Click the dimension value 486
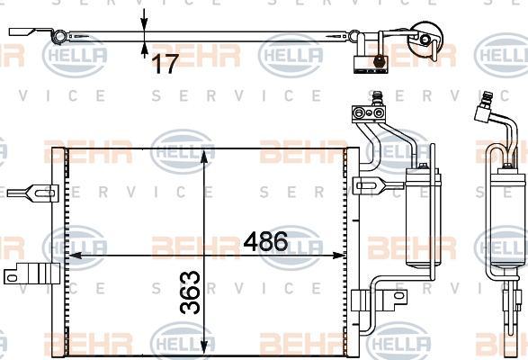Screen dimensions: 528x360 265,241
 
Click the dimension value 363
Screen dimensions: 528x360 190,292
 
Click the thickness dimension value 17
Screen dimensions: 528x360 165,64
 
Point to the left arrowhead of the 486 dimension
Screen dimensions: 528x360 75,256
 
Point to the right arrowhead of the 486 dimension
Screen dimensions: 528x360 339,256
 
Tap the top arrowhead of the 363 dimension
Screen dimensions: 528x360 204,156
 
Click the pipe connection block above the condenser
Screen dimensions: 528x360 368,113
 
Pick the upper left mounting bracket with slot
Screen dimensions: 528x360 32,193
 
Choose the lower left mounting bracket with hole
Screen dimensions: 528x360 31,274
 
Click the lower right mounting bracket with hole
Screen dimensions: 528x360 380,300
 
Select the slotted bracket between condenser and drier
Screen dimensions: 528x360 378,185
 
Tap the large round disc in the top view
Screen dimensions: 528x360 425,37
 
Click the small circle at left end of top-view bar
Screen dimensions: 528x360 59,36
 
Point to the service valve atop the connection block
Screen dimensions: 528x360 377,98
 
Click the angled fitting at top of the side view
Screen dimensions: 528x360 483,108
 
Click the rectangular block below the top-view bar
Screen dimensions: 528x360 370,65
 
